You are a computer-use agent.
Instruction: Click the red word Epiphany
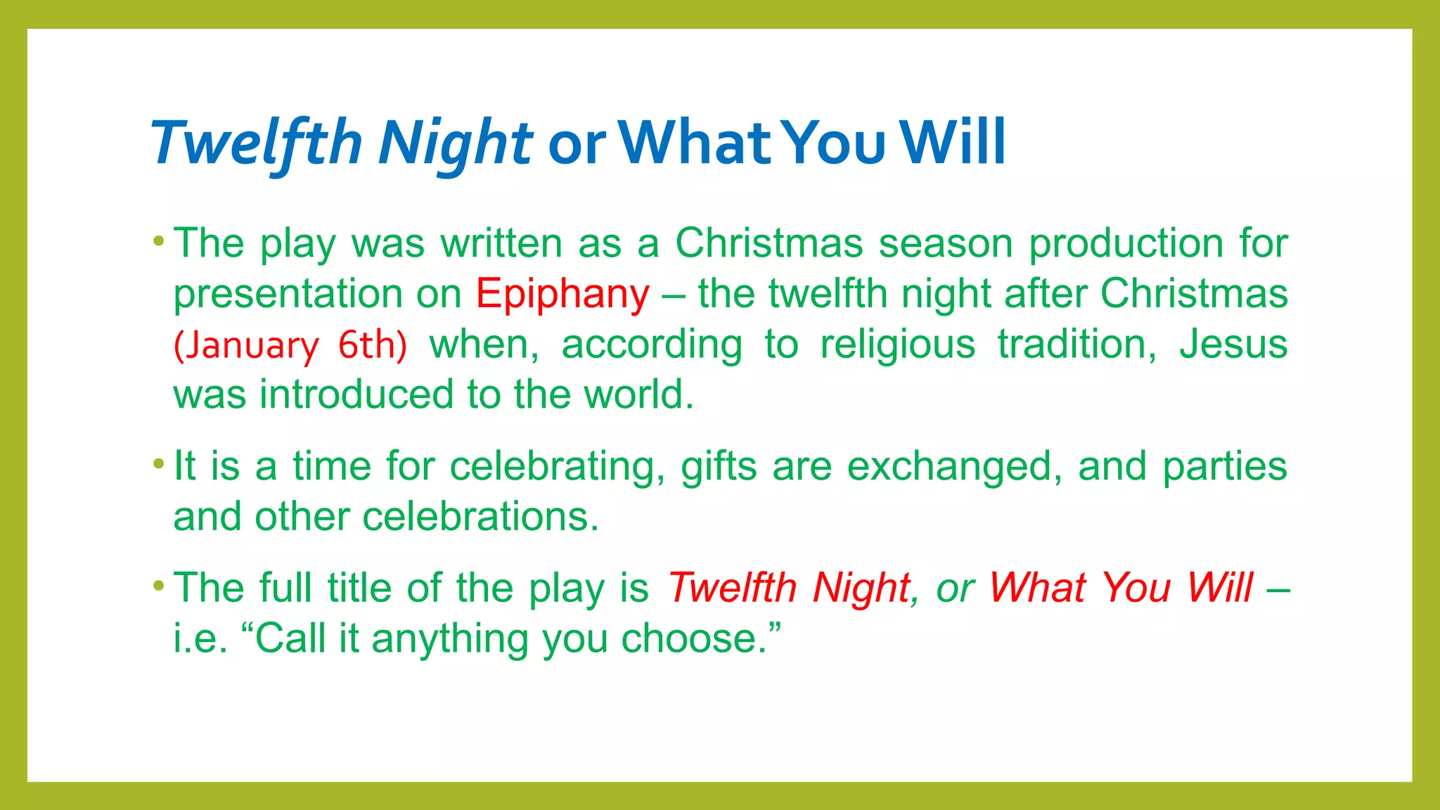click(562, 294)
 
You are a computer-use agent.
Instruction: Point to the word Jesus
click(1233, 345)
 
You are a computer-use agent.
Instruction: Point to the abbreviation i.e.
click(200, 639)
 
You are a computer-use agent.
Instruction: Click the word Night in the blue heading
click(456, 143)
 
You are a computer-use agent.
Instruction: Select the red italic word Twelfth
click(732, 588)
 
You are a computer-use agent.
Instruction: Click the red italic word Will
click(1220, 588)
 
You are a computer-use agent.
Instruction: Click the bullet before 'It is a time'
click(159, 464)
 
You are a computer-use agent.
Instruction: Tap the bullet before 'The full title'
click(159, 585)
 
